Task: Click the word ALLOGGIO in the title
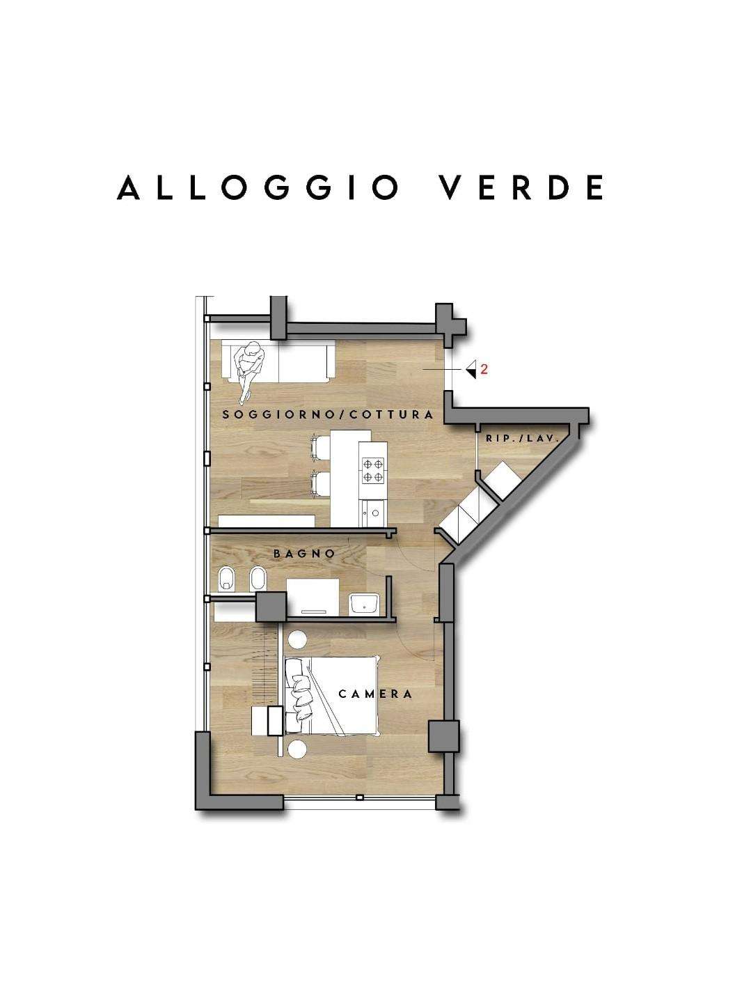pyautogui.click(x=258, y=187)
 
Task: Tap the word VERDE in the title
pyautogui.click(x=522, y=187)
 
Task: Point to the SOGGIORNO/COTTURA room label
pyautogui.click(x=328, y=415)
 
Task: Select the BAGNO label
pyautogui.click(x=304, y=554)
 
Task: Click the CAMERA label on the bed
pyautogui.click(x=375, y=694)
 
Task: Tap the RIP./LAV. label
pyautogui.click(x=522, y=438)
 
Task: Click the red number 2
pyautogui.click(x=484, y=369)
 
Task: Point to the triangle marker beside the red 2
pyautogui.click(x=471, y=369)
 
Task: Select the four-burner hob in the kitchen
pyautogui.click(x=373, y=471)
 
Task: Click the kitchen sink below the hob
pyautogui.click(x=374, y=513)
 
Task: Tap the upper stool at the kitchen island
pyautogui.click(x=320, y=446)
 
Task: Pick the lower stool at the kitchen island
pyautogui.click(x=320, y=484)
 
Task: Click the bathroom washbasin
pyautogui.click(x=364, y=605)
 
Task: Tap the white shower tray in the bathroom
pyautogui.click(x=313, y=597)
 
